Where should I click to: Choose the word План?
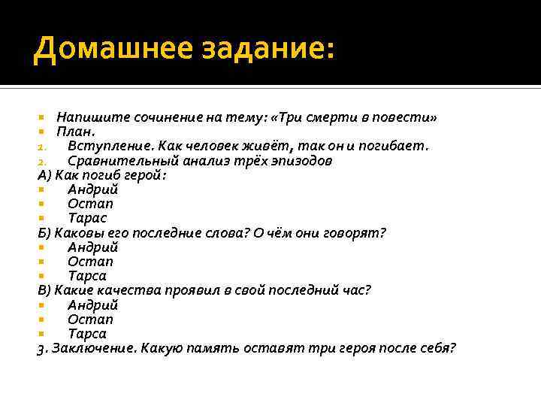(x=76, y=132)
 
